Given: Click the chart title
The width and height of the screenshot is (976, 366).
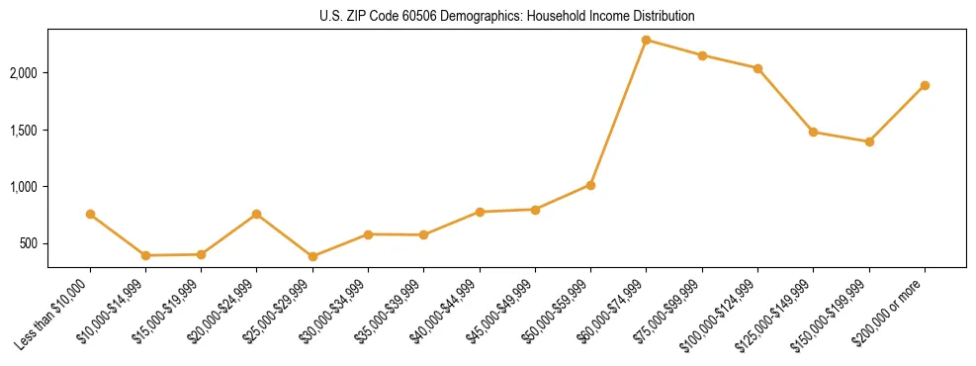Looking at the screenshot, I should (507, 17).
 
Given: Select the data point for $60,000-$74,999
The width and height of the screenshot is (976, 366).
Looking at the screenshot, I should (647, 41).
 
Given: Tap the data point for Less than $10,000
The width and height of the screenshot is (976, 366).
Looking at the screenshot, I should (90, 214).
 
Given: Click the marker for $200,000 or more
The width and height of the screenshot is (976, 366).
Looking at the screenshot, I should (925, 85).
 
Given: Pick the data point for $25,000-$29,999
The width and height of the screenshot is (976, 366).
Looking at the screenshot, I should (312, 256).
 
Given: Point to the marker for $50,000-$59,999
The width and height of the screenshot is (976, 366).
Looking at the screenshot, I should (590, 185).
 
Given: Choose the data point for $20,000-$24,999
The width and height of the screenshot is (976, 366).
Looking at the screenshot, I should (257, 214).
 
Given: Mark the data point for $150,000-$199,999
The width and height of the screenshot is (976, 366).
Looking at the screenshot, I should (869, 141).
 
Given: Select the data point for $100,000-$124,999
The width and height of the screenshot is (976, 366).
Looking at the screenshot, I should (757, 68).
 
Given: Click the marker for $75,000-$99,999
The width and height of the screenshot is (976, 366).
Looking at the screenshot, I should (702, 55).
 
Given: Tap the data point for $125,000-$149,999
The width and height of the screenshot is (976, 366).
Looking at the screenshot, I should (813, 132).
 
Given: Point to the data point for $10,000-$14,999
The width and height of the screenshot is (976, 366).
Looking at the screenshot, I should (145, 255).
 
